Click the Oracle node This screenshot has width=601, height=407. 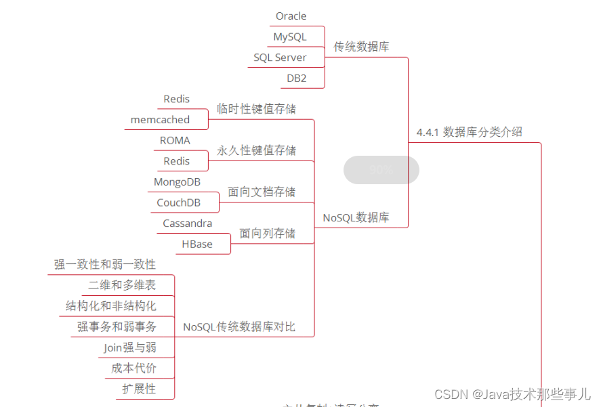291,16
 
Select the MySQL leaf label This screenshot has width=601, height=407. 289,37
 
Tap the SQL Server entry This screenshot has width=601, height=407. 280,58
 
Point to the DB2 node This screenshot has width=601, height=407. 296,79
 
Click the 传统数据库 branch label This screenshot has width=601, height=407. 361,47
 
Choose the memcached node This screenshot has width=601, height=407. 160,120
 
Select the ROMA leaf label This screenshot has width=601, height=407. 175,141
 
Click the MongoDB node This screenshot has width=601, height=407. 177,182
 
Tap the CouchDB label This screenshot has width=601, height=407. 178,202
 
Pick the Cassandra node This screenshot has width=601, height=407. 187,223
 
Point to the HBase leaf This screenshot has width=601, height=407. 196,244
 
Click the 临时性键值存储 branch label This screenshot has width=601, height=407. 256,109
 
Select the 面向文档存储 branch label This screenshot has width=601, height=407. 262,192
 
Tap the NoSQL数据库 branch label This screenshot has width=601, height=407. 356,218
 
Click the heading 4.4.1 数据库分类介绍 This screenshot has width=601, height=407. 469,132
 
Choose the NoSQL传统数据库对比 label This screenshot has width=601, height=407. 239,327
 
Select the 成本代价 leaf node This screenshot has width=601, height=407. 133,368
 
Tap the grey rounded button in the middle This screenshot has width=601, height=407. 381,170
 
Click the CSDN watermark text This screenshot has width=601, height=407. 512,393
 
